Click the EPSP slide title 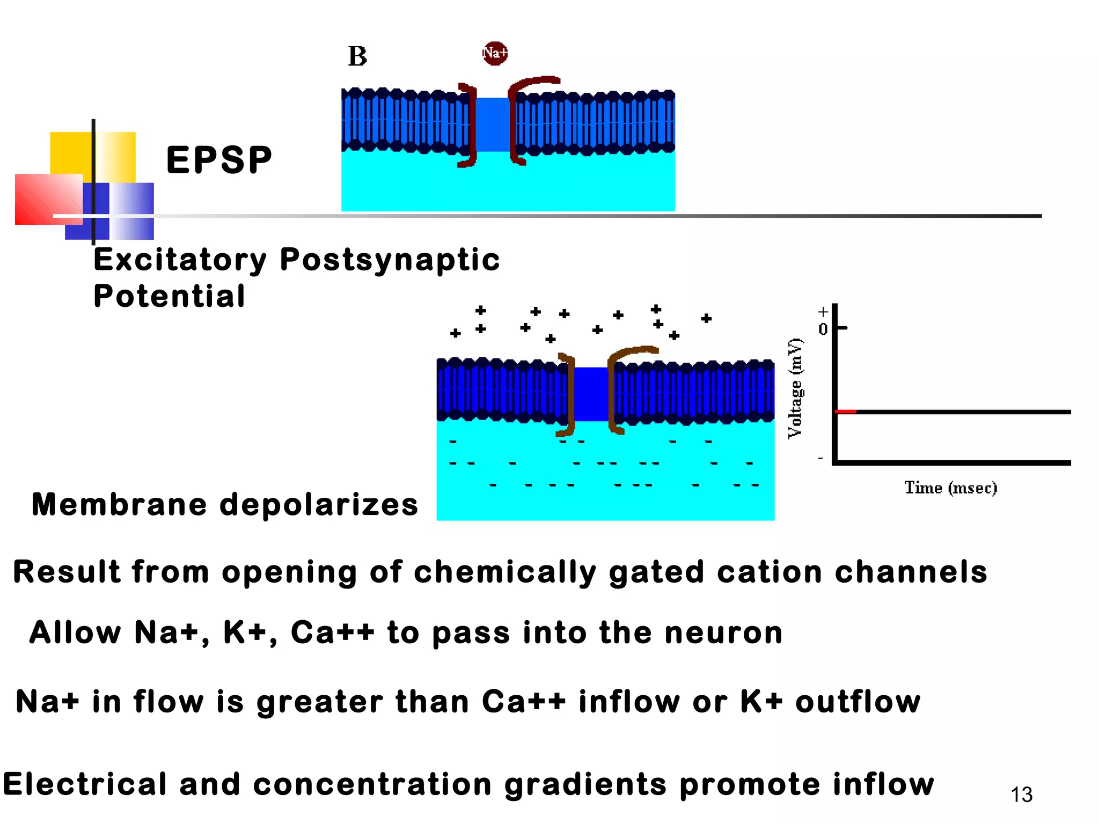[219, 160]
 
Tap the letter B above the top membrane [357, 56]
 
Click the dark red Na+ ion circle [495, 53]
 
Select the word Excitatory [180, 261]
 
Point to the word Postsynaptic [390, 261]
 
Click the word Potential [170, 296]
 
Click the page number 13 [1021, 794]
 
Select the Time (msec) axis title [950, 488]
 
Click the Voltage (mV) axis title [795, 388]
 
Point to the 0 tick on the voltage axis [823, 329]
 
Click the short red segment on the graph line [846, 411]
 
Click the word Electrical [85, 784]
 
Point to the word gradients [585, 784]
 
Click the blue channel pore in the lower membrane [591, 394]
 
